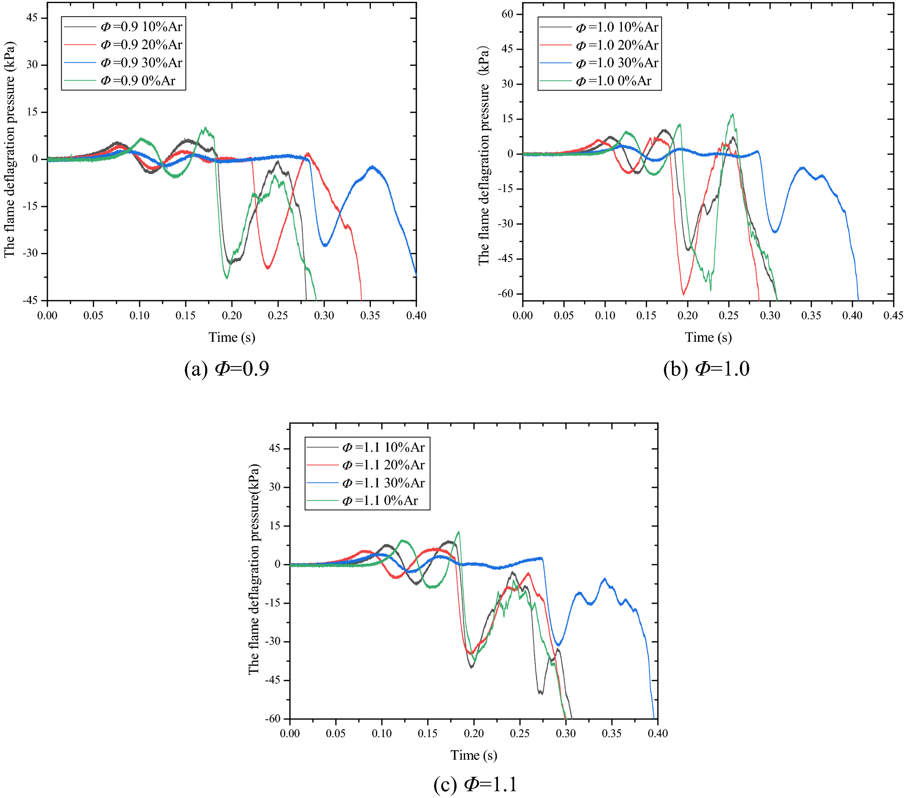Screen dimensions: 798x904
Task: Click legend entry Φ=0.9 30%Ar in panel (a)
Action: pos(141,63)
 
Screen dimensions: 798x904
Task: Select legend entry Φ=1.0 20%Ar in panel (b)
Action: pos(617,45)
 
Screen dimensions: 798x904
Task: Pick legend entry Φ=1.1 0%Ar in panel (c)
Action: pos(379,501)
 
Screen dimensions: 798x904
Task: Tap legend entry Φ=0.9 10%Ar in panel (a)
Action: pos(141,27)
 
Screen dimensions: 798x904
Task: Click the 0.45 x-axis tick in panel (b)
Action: pos(893,316)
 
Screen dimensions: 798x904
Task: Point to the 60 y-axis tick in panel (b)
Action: pos(507,14)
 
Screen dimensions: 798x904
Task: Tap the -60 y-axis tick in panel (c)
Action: pos(273,719)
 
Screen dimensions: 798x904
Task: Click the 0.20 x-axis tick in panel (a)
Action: pos(232,316)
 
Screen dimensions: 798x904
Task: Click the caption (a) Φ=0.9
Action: pos(227,369)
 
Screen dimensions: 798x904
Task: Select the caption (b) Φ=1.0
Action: pos(706,369)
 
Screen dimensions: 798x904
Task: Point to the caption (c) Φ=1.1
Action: pos(475,784)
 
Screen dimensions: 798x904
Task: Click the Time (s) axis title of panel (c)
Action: pos(474,755)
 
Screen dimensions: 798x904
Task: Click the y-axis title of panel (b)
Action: pos(484,156)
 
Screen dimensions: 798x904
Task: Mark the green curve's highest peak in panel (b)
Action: pos(732,114)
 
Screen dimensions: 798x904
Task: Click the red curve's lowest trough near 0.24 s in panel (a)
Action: pos(268,269)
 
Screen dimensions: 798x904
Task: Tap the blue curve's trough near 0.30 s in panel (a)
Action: pos(325,246)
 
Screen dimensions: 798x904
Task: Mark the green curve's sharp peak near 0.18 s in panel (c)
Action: pos(459,532)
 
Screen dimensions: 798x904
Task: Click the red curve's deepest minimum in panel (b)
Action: pos(684,294)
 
